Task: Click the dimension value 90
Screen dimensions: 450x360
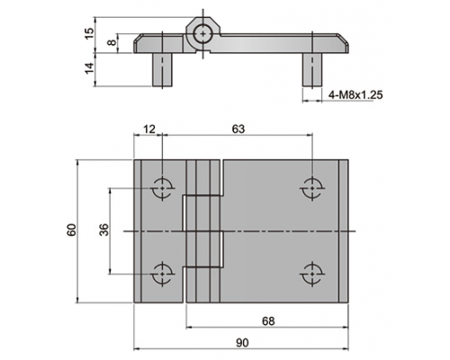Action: point(242,343)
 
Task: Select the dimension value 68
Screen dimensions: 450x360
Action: point(268,321)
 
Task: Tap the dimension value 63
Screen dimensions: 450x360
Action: point(238,129)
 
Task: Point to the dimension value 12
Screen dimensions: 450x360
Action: point(149,129)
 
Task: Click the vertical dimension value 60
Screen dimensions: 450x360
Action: point(72,230)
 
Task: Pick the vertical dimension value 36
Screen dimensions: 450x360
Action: point(104,229)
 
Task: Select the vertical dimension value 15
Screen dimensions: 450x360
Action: point(89,33)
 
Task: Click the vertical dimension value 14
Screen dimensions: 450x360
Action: point(89,68)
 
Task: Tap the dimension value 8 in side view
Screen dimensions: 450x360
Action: point(112,42)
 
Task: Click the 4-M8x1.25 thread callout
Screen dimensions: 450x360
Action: point(355,95)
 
